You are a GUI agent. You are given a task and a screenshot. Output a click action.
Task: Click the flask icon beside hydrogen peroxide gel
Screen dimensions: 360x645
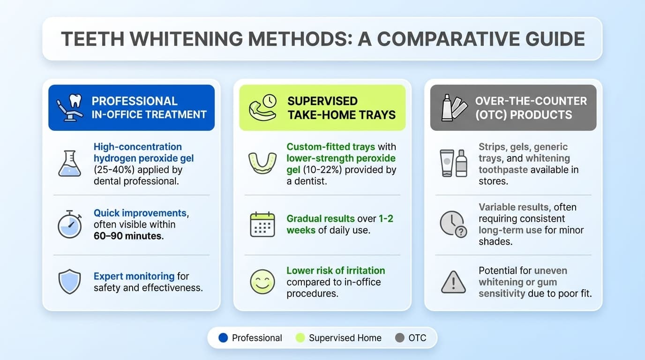click(69, 164)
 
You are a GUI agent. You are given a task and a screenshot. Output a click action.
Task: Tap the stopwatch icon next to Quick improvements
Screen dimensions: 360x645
click(69, 225)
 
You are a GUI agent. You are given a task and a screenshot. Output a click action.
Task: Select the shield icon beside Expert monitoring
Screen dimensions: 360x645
click(69, 282)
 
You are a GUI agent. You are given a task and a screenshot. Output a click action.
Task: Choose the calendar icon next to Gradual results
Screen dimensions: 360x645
click(262, 225)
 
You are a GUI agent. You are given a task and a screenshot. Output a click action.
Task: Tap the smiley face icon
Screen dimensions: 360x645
click(262, 282)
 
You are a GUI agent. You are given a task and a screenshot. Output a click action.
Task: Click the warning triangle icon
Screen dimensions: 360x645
click(453, 282)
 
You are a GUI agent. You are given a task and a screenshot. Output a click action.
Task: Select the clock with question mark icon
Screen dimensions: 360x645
click(453, 224)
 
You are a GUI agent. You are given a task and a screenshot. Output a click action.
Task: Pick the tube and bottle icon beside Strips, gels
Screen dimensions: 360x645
click(453, 163)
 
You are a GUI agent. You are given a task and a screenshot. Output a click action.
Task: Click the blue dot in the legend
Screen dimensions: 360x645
click(223, 337)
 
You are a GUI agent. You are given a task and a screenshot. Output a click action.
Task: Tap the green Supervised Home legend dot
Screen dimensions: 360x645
click(300, 337)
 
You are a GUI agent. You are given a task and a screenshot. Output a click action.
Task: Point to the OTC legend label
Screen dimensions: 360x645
click(417, 337)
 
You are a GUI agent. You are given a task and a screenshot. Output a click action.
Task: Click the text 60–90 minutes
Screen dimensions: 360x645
click(128, 236)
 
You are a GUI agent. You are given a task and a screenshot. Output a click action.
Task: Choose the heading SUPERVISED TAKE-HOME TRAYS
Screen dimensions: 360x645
click(341, 108)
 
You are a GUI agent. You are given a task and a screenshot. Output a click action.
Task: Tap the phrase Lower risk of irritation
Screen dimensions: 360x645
click(336, 270)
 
